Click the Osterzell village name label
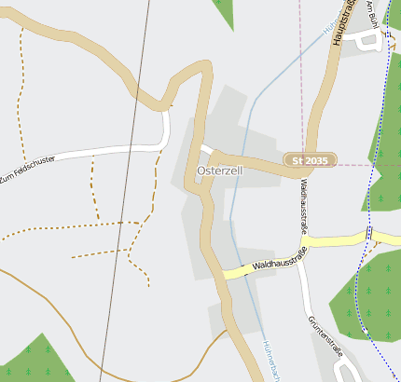pos(220,173)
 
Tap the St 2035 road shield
pos(311,161)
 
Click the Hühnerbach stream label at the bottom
pos(272,359)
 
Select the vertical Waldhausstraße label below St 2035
pos(304,206)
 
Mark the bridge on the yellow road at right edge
pos(369,235)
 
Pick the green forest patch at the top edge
pos(224,9)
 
